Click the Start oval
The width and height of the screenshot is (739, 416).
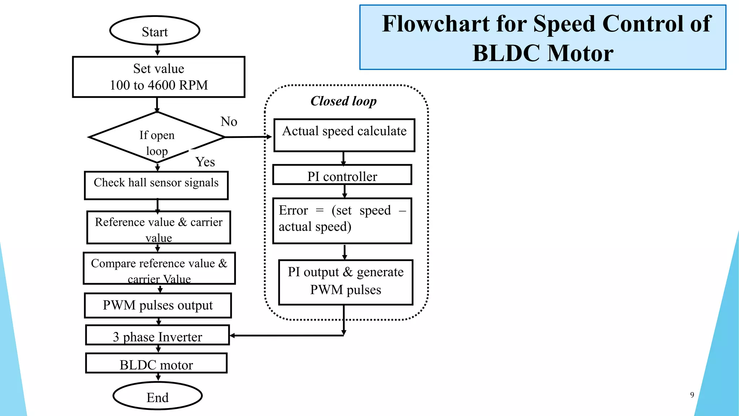(155, 31)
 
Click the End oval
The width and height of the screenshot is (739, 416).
(158, 396)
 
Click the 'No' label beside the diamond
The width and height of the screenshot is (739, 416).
(229, 122)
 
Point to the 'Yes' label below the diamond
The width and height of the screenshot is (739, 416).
(205, 162)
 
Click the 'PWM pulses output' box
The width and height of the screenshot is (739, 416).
(158, 305)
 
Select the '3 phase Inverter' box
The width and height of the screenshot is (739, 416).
(157, 335)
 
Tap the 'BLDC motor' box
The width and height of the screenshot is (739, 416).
(156, 364)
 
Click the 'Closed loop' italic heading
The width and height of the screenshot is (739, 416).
(343, 101)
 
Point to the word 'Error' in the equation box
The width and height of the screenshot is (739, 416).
(293, 211)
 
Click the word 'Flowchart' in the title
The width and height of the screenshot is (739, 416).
(436, 24)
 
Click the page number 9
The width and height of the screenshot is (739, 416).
(692, 395)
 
